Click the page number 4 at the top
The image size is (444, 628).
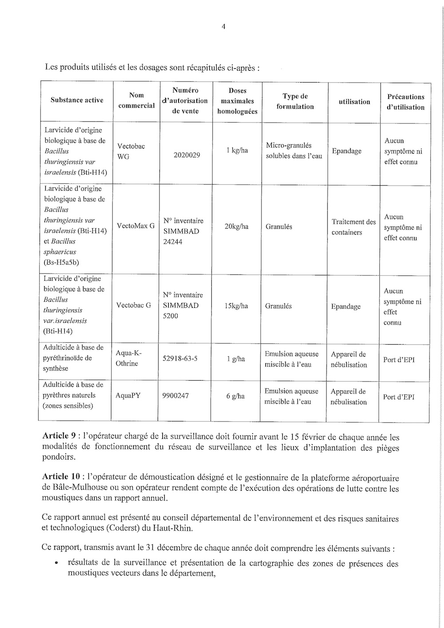click(223, 26)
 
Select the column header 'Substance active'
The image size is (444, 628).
click(76, 100)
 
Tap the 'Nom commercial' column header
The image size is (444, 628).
click(136, 100)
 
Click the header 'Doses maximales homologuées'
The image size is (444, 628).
click(237, 101)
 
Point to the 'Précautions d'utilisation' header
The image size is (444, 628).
click(405, 102)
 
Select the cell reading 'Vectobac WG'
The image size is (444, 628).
click(131, 151)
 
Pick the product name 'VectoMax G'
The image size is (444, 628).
click(135, 226)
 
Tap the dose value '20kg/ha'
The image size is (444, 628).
click(236, 227)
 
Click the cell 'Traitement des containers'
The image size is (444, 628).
click(353, 227)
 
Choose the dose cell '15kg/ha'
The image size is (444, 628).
click(236, 306)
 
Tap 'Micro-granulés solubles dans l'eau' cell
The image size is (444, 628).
click(294, 151)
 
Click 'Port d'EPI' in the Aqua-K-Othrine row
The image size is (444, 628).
click(398, 359)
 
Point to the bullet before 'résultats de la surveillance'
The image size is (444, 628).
click(56, 564)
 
